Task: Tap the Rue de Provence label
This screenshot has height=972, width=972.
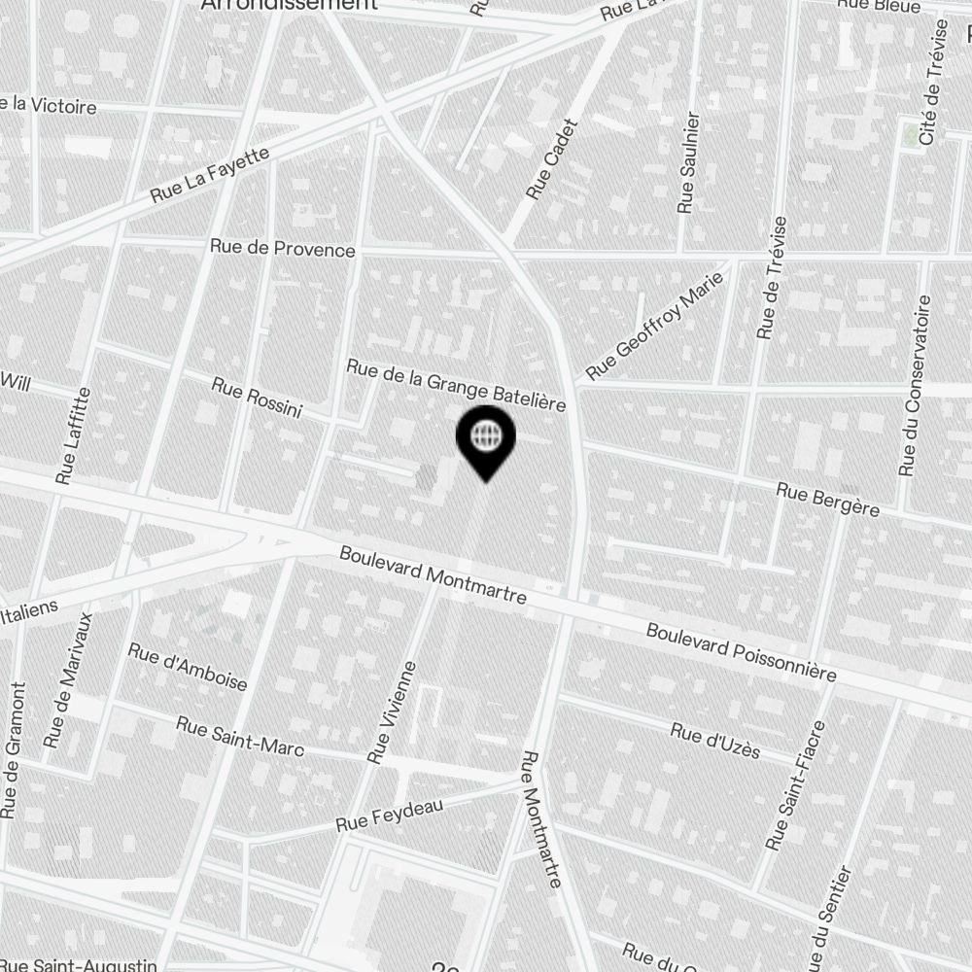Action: point(283,249)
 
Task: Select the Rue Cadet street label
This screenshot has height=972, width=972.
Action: point(551,160)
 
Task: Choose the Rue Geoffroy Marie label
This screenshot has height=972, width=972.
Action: point(656,326)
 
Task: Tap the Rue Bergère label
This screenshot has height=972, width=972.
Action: point(827,500)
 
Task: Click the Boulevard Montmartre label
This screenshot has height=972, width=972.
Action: point(433,574)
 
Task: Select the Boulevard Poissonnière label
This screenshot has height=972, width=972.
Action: point(742,653)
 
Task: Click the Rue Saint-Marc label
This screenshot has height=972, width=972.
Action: point(239,737)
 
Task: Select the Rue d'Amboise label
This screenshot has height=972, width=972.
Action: point(188,666)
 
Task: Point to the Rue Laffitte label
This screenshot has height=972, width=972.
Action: point(74,436)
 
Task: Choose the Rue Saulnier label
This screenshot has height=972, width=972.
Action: point(688,162)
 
